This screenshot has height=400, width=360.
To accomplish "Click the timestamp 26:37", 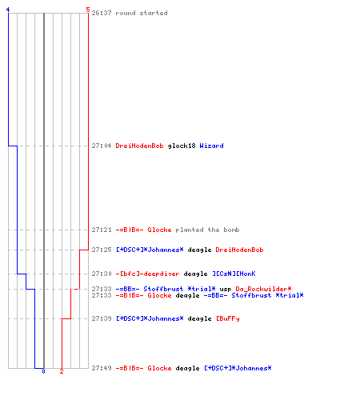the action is coord(102,13).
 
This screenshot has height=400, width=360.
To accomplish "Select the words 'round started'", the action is coord(142,13).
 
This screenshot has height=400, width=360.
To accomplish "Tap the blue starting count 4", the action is coord(8,10).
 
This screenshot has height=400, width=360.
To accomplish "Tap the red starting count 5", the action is coord(88,10).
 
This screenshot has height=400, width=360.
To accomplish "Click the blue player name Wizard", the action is coord(211,146).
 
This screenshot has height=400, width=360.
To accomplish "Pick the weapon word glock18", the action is coord(182,146).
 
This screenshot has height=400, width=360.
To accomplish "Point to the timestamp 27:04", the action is coord(102,146).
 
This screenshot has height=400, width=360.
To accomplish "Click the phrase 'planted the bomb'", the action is coord(207,230).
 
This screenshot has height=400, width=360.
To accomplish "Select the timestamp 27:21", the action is coord(102,230).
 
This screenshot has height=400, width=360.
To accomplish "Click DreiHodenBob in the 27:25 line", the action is coord(239,250).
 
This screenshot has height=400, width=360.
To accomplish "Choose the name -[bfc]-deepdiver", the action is coord(147,274).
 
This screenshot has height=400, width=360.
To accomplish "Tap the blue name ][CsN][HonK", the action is coord(234,274).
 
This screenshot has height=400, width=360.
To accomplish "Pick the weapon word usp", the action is coord(226,289).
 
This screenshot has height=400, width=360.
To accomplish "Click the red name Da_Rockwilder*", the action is coord(263,289).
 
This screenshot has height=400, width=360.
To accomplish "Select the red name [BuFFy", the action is coord(228,318).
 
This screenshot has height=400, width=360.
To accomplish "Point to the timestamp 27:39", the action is coord(102,318).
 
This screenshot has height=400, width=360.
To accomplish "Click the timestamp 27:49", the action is coord(102,368).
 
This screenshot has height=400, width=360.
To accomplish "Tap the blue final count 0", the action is coord(43,371).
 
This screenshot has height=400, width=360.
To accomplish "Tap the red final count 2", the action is coord(62,371).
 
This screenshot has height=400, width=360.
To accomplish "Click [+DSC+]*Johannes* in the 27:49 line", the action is coord(238,368).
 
